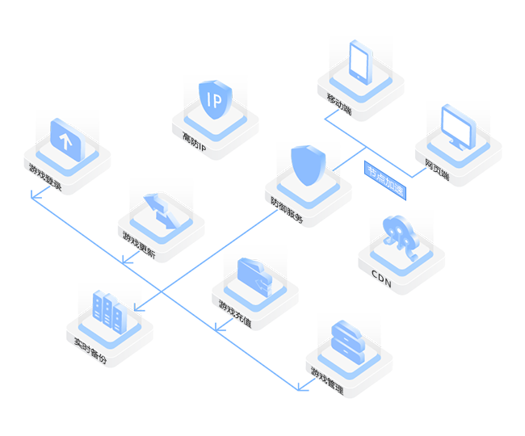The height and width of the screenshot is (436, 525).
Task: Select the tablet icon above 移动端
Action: tap(359, 61)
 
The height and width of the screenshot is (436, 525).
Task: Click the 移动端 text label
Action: tap(340, 106)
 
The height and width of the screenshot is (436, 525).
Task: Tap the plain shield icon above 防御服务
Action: tap(307, 167)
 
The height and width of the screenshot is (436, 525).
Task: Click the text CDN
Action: tap(381, 279)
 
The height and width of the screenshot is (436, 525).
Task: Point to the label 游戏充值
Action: tap(234, 314)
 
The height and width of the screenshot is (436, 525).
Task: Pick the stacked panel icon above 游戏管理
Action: tap(348, 338)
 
